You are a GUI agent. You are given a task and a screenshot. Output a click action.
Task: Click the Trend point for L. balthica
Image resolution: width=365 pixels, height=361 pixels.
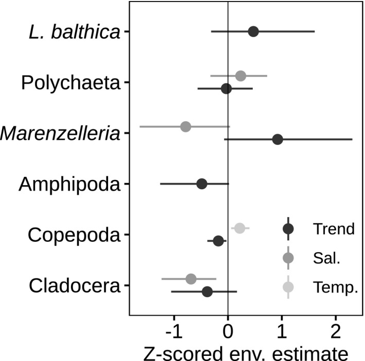coord(253,31)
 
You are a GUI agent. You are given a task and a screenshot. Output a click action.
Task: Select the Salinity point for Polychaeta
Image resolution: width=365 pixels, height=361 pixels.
coord(240,76)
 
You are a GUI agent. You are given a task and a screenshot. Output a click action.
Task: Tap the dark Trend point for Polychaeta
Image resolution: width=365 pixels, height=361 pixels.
coord(226,89)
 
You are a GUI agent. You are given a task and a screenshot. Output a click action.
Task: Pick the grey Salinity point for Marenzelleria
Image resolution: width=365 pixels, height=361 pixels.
coord(186,126)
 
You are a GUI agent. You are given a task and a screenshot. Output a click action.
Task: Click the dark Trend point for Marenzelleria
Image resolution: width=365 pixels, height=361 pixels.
coord(277,139)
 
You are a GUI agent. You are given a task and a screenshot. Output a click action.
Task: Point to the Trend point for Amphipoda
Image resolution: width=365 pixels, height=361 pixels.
coord(202,184)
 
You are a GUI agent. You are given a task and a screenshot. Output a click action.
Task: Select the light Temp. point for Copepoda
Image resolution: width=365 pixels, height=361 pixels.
coord(239,228)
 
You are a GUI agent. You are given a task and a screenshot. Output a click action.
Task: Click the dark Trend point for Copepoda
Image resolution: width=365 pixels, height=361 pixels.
coord(218,241)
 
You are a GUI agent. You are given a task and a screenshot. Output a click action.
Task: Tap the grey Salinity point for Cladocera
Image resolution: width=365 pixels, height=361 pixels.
coord(191,279)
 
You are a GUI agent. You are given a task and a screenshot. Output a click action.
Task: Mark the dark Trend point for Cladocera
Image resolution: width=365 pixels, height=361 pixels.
coord(207,291)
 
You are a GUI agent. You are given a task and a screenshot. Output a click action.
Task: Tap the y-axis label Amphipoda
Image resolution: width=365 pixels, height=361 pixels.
coord(69,184)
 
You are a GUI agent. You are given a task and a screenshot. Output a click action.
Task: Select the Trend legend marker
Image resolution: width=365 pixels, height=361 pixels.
coord(288,228)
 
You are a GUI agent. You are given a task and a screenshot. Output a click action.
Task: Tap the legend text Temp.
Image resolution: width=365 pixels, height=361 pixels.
coord(334,287)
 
